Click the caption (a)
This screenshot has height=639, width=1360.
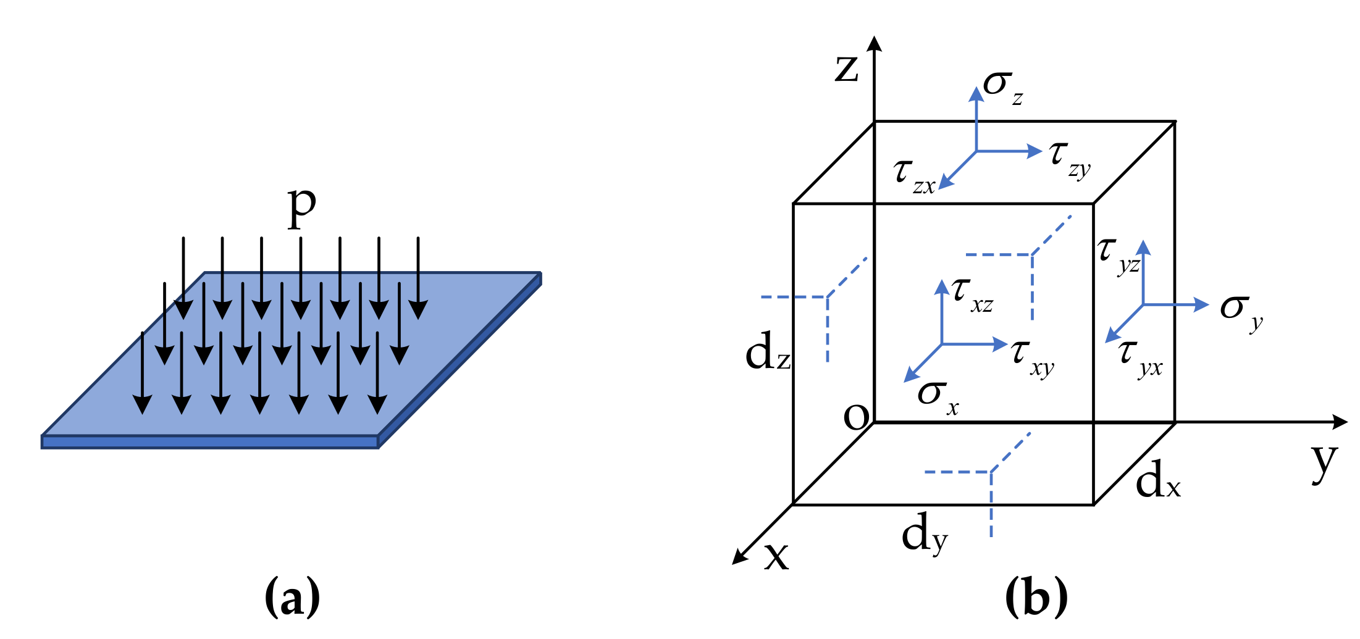tap(292, 596)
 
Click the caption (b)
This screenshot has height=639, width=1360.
tap(1036, 596)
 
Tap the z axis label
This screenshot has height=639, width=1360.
tap(846, 68)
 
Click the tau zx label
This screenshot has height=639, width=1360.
tap(913, 176)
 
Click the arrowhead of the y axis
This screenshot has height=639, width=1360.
tap(1340, 422)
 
